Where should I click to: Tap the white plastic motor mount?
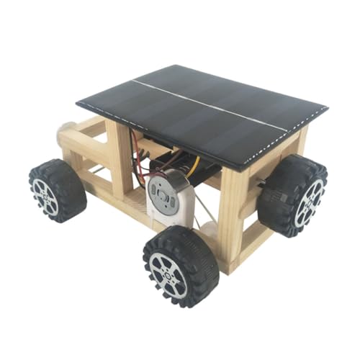tap(176, 209)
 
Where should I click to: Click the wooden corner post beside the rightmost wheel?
tap(234, 209)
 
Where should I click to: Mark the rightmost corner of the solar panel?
tap(326, 109)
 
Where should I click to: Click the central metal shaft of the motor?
tap(160, 193)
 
